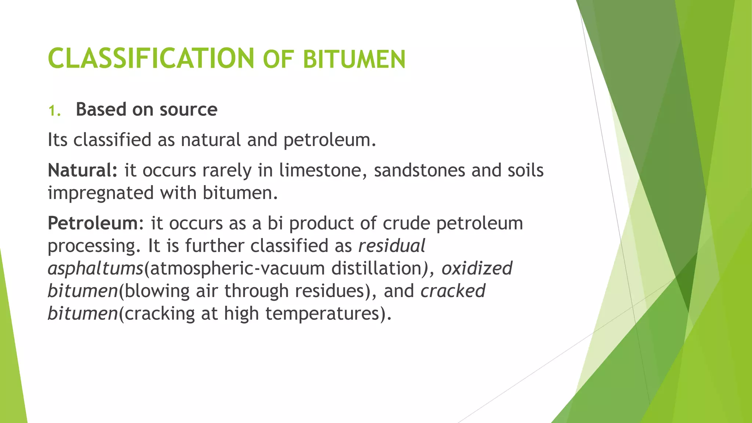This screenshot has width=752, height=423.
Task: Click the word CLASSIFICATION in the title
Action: coord(151,58)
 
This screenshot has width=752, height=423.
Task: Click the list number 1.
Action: coord(54,110)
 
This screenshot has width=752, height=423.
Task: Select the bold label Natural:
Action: coord(83,170)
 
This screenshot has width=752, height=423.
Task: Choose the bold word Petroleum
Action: coord(93,223)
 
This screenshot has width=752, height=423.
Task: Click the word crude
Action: coord(406,223)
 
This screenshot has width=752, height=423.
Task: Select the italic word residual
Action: coord(391,246)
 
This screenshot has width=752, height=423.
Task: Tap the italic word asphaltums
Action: coord(95,268)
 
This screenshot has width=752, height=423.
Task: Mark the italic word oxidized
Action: coord(477,268)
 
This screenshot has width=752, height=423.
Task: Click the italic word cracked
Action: coord(453,291)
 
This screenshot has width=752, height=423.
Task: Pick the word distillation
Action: coord(376,268)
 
